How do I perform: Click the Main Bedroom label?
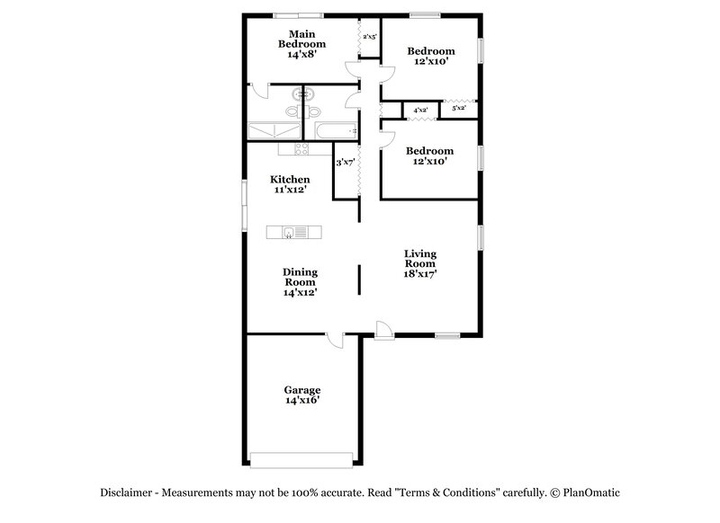click(x=301, y=43)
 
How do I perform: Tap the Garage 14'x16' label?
click(x=302, y=395)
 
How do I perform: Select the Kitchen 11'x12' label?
click(x=291, y=184)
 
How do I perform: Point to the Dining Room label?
click(x=301, y=281)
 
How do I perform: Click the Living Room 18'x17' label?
click(x=419, y=265)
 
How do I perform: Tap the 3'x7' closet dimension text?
click(x=346, y=163)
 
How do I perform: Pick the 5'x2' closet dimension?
click(x=458, y=109)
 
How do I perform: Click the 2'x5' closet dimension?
click(x=369, y=37)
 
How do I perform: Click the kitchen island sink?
click(x=287, y=233)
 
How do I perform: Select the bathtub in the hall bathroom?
click(x=337, y=131)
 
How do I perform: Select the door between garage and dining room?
click(x=335, y=340)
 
